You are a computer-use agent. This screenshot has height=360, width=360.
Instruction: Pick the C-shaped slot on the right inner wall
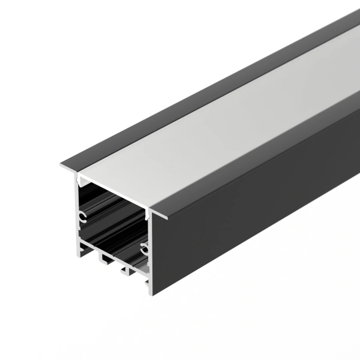coord(144,247)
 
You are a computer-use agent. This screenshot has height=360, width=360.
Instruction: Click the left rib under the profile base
coord(103,257)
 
